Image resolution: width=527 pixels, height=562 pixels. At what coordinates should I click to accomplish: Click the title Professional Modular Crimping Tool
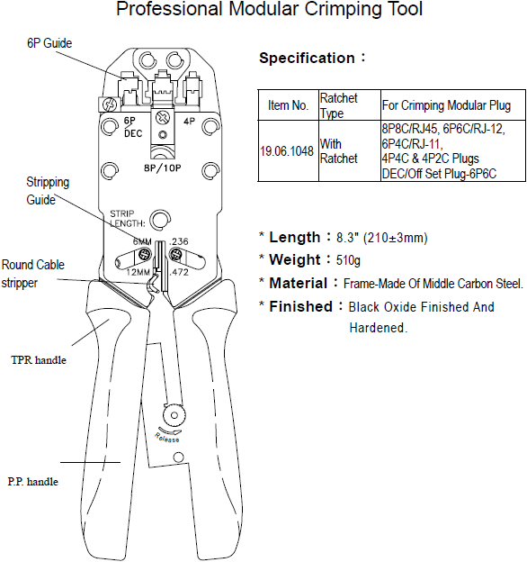coord(270,9)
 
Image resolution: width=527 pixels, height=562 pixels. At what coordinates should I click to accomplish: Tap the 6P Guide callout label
coord(49,43)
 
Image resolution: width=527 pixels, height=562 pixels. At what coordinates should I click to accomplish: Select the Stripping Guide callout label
coord(48,191)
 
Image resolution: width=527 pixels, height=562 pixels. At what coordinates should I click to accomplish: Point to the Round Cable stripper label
coord(33,274)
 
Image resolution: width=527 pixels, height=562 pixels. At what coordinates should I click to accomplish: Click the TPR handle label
coord(39,360)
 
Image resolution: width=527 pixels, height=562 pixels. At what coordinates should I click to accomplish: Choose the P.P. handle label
coord(33,481)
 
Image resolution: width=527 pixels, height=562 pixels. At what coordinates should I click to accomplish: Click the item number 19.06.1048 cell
coord(287,151)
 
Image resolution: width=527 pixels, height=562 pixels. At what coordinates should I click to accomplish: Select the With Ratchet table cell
coord(338,151)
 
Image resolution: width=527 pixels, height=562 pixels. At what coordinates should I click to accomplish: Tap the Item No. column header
coord(289,105)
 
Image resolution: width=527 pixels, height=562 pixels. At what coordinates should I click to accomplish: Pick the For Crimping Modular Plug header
coord(446,105)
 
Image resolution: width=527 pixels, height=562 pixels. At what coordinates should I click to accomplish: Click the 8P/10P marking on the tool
coord(163,168)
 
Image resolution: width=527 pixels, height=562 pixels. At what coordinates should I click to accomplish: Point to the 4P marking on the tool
coord(189,122)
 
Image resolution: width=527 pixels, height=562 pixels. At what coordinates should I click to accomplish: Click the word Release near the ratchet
coord(166,438)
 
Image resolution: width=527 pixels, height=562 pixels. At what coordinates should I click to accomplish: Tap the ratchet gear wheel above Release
coord(174,415)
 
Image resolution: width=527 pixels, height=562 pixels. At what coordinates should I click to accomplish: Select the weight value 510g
coord(348,260)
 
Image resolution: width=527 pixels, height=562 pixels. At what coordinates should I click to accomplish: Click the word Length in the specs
coord(294,237)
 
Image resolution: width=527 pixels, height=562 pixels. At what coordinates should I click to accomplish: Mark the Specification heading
coord(307,58)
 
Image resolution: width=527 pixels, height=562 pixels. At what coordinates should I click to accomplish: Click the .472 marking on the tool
coord(179,272)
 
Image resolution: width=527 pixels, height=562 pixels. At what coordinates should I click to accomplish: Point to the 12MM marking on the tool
coord(138,272)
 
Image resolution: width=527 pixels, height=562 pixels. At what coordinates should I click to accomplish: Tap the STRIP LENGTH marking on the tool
coord(127,218)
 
